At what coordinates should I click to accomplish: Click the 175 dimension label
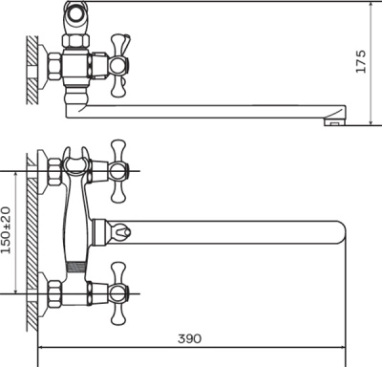click(361, 62)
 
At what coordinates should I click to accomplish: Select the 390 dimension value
click(190, 338)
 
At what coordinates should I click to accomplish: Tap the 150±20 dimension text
click(6, 229)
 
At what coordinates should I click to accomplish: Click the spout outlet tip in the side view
click(335, 122)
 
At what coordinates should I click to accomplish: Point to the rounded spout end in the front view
click(341, 232)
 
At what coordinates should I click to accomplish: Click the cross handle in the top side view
click(120, 66)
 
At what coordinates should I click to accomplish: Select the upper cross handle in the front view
click(118, 171)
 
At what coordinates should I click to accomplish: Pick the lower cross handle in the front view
click(118, 293)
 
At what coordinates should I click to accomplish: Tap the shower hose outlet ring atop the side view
click(75, 13)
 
